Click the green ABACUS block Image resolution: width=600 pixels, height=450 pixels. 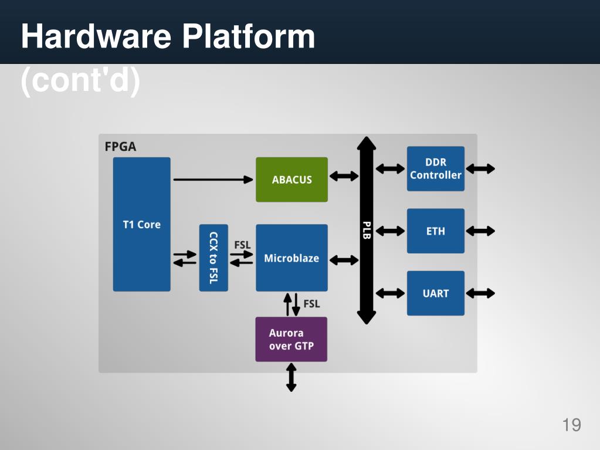[291, 180]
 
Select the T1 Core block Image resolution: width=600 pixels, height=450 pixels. [141, 224]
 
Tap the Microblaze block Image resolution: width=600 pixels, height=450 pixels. [291, 258]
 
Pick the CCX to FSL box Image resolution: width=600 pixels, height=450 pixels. [213, 258]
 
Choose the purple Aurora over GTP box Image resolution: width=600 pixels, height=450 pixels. [291, 339]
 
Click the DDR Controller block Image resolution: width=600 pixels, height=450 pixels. [435, 168]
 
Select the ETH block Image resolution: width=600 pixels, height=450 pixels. [435, 231]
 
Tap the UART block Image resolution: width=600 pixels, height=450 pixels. [435, 293]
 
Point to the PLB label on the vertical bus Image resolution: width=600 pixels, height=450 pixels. [367, 230]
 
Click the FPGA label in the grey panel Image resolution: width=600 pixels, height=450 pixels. [120, 147]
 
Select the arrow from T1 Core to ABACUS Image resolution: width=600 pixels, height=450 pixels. [213, 179]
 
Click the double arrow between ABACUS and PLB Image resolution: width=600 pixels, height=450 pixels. [344, 176]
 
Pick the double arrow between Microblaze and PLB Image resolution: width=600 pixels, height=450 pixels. [344, 259]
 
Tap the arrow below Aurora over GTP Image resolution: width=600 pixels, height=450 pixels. [291, 377]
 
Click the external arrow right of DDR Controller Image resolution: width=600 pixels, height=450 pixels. [480, 168]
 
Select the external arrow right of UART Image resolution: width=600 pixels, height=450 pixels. [480, 293]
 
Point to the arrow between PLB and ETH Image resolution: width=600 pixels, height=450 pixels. [390, 231]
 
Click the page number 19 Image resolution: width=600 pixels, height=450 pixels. [571, 425]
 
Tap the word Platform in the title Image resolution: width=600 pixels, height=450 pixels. [248, 36]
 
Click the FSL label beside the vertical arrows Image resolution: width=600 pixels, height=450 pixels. [311, 304]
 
